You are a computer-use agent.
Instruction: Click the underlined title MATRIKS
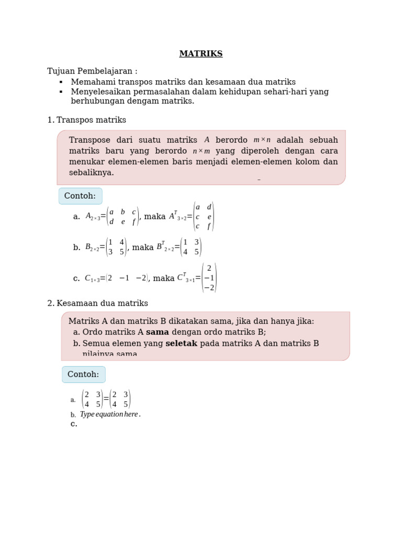(x=201, y=54)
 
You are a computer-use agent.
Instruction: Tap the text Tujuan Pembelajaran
(x=92, y=71)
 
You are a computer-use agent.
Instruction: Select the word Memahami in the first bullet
(x=90, y=82)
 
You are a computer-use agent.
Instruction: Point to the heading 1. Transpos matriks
(x=87, y=120)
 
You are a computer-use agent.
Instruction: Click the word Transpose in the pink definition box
(x=90, y=140)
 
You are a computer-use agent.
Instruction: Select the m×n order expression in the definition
(x=262, y=140)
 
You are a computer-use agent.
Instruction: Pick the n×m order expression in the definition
(x=201, y=151)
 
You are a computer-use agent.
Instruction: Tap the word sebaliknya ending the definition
(x=91, y=173)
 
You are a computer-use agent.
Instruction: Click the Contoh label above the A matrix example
(x=80, y=196)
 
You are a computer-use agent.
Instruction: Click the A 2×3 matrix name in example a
(x=93, y=216)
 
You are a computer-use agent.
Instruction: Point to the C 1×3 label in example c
(x=92, y=279)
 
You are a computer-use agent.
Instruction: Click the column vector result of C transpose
(x=209, y=278)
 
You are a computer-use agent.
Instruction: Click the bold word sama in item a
(x=158, y=332)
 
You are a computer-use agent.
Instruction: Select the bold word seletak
(x=181, y=343)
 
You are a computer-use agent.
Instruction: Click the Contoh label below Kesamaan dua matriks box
(x=83, y=374)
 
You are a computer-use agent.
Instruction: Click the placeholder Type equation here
(x=110, y=414)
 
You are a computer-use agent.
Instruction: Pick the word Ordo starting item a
(x=93, y=332)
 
